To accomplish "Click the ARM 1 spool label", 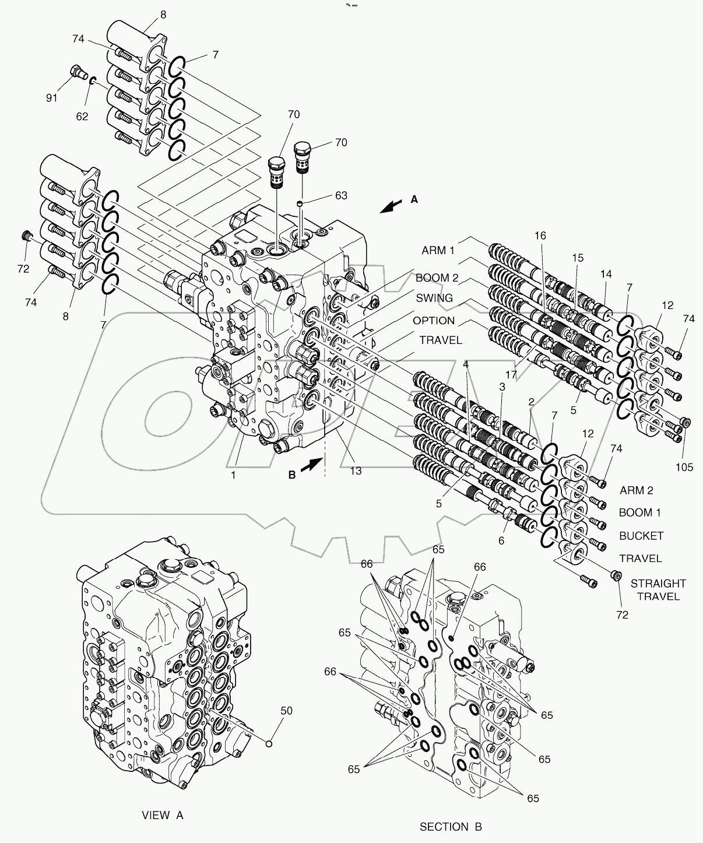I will (x=438, y=251).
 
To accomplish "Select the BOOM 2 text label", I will (x=441, y=278).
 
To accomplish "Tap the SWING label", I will (x=434, y=298).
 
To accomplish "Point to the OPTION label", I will (x=434, y=321).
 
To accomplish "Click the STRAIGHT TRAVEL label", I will (x=658, y=589).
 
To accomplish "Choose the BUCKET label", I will (x=641, y=535).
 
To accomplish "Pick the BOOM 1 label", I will (x=639, y=512).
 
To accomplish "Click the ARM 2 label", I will (x=637, y=490).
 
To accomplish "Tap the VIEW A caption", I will (x=163, y=815).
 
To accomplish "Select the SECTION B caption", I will (x=451, y=826).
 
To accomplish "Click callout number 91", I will (x=52, y=98).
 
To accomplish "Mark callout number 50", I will (x=286, y=711).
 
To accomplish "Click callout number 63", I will (x=340, y=195).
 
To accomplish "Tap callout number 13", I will (x=355, y=470).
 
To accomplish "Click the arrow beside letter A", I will (x=391, y=206).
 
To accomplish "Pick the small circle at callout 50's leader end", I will (x=269, y=743).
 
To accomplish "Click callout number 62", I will (x=82, y=116).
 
